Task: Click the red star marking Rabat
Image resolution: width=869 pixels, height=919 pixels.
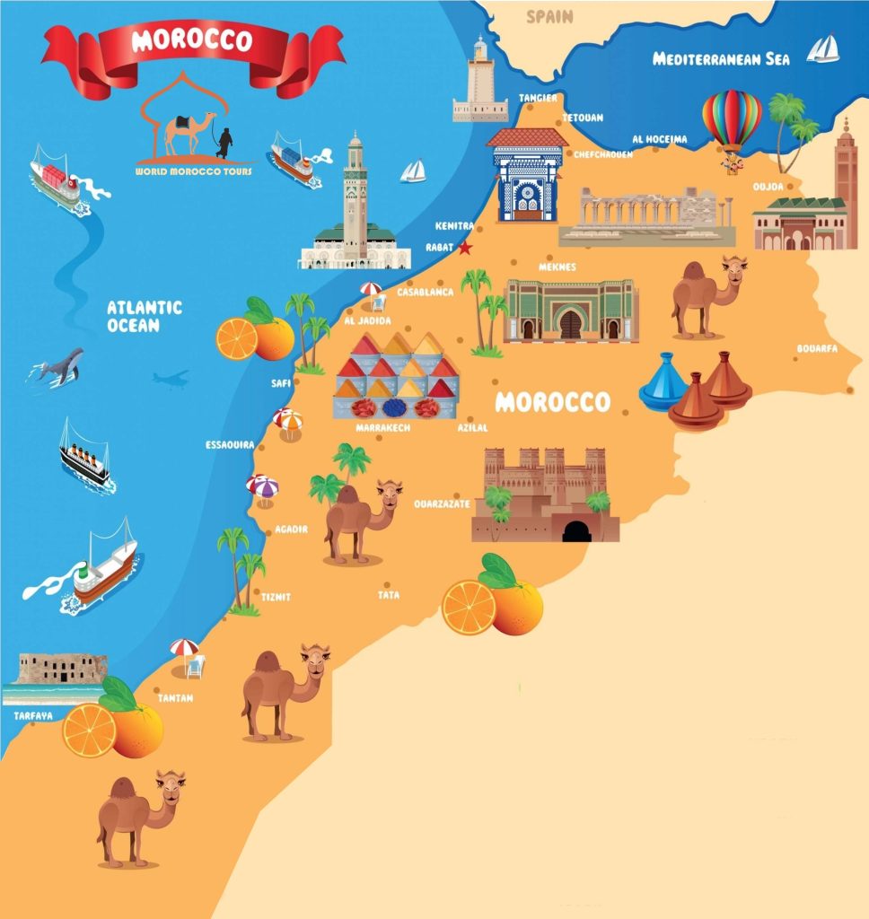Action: click(465, 248)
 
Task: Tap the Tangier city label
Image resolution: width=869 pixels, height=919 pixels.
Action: click(538, 98)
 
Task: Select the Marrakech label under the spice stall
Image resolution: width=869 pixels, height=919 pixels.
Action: click(383, 428)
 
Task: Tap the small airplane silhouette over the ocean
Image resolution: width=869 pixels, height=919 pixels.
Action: click(170, 379)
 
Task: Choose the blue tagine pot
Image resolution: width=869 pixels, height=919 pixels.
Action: click(663, 382)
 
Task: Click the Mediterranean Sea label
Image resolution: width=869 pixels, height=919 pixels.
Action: click(721, 59)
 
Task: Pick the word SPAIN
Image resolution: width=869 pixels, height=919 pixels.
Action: click(549, 16)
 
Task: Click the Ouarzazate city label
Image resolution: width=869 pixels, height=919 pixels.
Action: click(442, 504)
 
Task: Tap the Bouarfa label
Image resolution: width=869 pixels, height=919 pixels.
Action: click(816, 349)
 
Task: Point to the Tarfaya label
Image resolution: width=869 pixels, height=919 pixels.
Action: click(33, 716)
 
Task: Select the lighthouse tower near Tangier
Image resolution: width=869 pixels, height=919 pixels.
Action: click(480, 80)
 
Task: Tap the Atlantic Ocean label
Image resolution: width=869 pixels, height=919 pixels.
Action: click(144, 316)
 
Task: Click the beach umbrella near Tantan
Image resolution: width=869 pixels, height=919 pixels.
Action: click(185, 648)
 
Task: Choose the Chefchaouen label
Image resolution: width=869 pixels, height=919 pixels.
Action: click(603, 154)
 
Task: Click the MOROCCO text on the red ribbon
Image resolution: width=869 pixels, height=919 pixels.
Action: click(192, 40)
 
